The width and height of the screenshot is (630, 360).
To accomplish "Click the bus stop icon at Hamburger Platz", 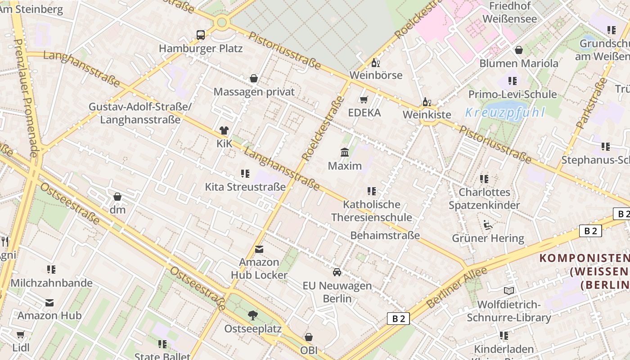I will pos(201,35).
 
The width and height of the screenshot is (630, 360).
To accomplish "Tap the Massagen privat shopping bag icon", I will pos(254,78).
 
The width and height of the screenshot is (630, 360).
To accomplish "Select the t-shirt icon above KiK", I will pos(224,130).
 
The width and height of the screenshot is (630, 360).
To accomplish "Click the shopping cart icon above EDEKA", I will pos(364,99).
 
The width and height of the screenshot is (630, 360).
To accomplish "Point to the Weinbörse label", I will pos(376,75).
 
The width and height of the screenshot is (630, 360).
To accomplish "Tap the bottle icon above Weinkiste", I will pos(426,102).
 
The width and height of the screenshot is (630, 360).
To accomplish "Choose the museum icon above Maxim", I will pos(345,153).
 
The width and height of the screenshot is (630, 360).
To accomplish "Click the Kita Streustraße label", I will pos(245,186).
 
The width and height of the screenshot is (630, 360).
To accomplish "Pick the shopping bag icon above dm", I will pos(117,197).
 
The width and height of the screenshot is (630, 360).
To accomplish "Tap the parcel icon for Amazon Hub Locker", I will pos(259,249).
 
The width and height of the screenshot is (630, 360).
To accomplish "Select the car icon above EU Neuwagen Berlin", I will pos(337,272).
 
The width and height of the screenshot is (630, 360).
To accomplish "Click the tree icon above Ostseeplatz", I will pos(253,315).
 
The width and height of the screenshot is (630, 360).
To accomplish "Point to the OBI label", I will pos(309,350).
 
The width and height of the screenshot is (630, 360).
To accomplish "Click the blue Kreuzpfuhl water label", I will pos(505,112).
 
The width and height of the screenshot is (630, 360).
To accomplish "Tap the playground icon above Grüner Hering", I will pos(488,225).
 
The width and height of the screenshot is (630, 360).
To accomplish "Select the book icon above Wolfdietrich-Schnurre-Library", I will pos(508,291).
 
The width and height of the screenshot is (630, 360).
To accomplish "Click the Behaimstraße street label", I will pos(385,235).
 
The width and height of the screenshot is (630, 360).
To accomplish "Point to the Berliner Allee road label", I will pos(457,288).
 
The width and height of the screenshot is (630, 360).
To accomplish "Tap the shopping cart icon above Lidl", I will pos(20,335).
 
